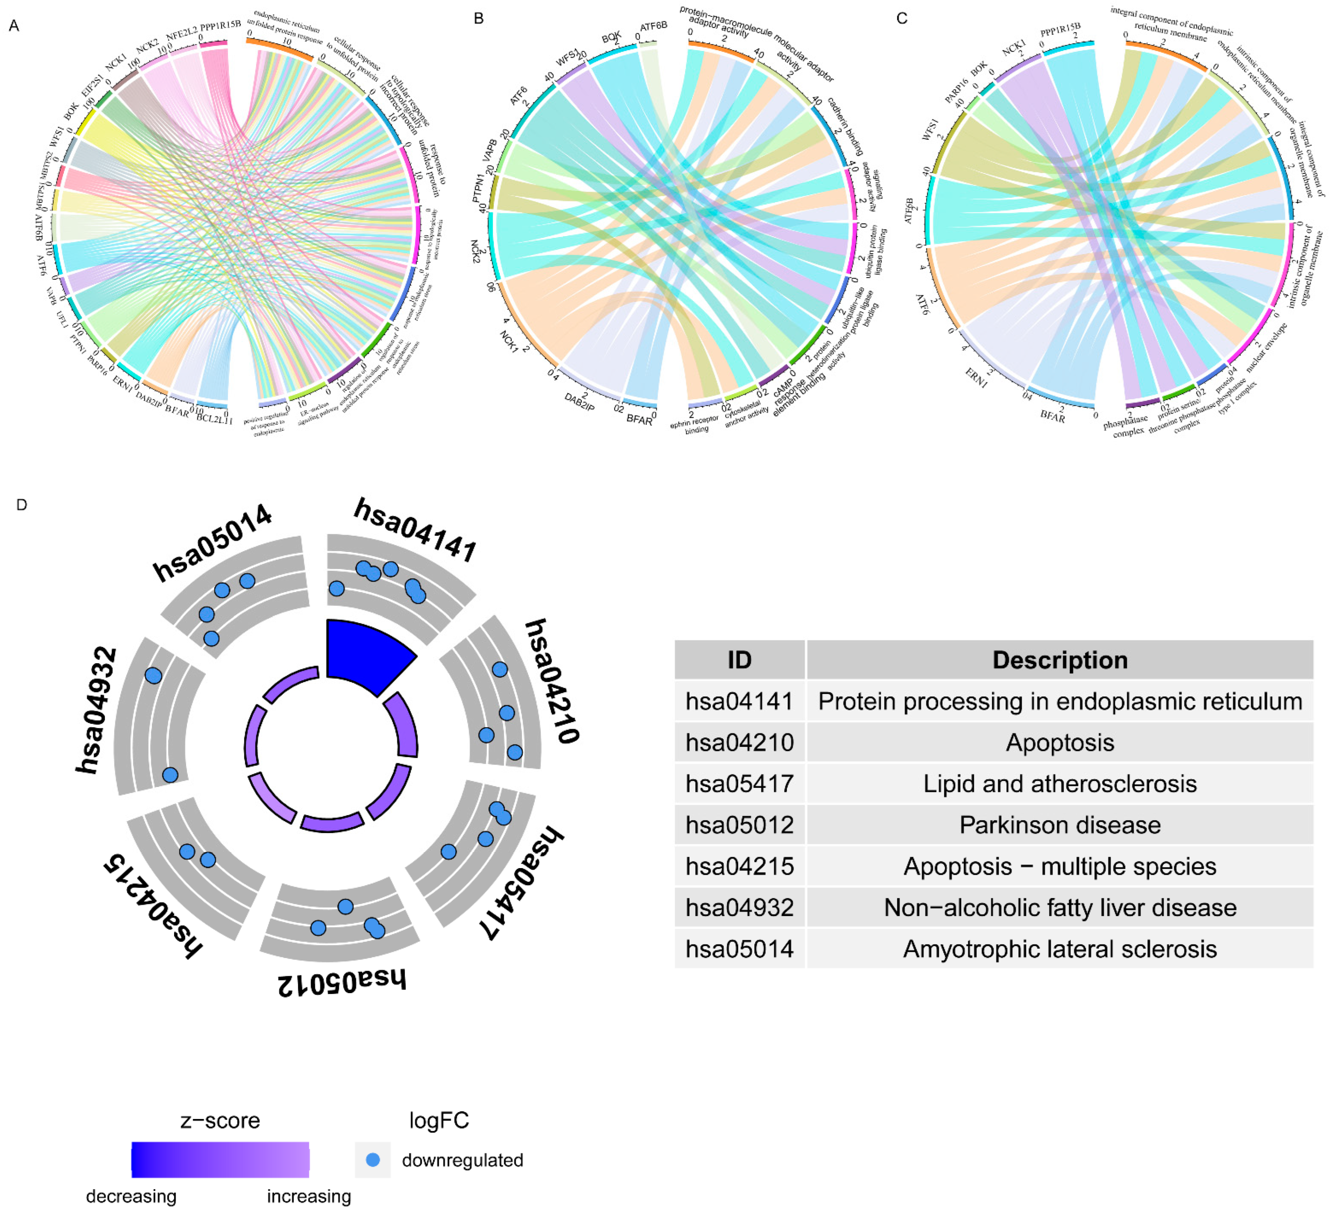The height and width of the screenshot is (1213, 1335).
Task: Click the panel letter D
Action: pos(22,505)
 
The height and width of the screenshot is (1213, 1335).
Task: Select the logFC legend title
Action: pos(439,1120)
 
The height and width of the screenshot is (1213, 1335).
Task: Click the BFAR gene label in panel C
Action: pos(1052,416)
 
